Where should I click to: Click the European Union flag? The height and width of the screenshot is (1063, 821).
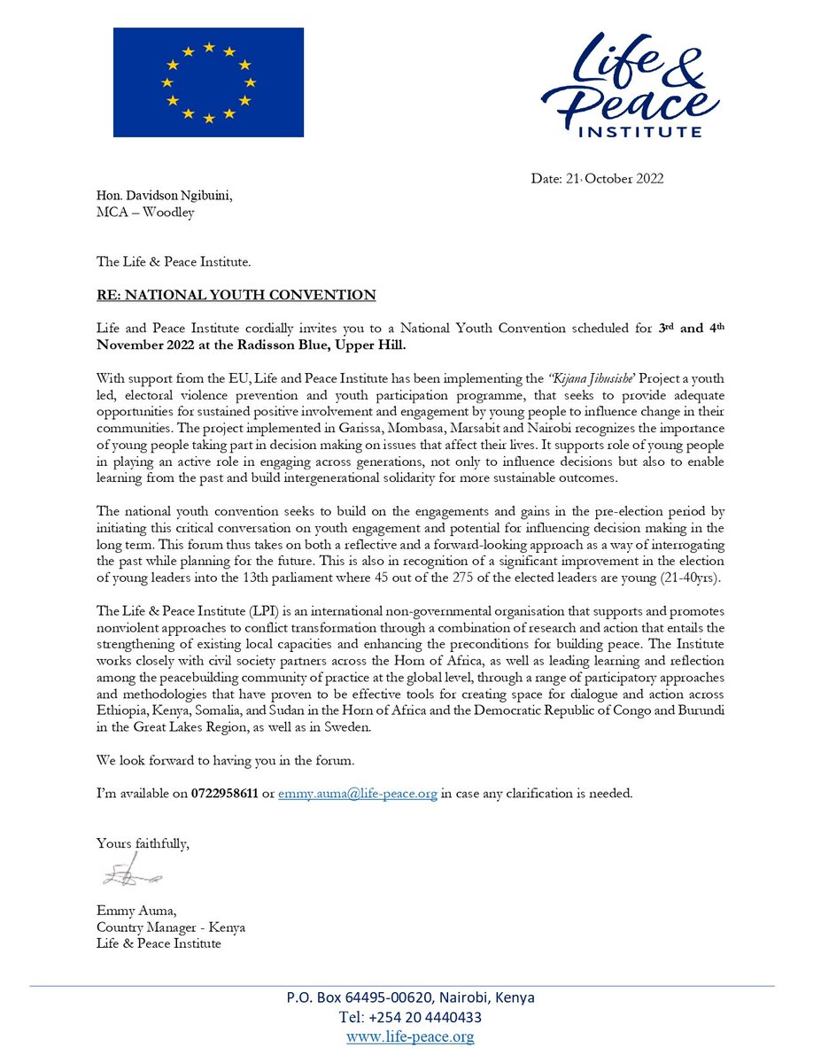click(208, 81)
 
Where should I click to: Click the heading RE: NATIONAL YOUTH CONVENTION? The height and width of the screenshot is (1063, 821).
click(236, 294)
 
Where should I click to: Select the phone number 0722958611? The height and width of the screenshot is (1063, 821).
click(225, 794)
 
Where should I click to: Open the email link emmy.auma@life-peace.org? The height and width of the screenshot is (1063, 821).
click(358, 794)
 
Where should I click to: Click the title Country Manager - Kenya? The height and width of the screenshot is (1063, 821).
click(171, 927)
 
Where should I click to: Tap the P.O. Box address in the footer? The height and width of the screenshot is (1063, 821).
click(410, 997)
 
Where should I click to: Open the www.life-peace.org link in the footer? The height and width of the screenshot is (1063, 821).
click(410, 1036)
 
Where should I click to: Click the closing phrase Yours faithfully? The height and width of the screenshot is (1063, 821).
click(143, 844)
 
